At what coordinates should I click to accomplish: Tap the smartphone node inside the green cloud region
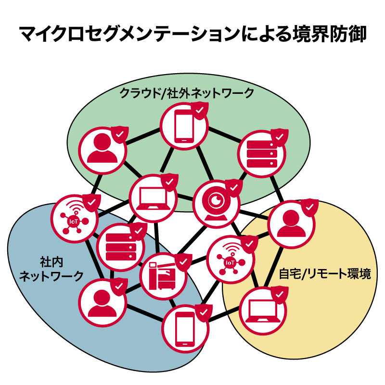183,127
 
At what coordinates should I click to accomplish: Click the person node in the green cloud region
103,150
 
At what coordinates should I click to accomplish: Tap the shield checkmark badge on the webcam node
233,187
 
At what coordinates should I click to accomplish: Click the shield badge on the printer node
182,262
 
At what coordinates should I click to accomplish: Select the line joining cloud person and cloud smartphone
143,136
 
